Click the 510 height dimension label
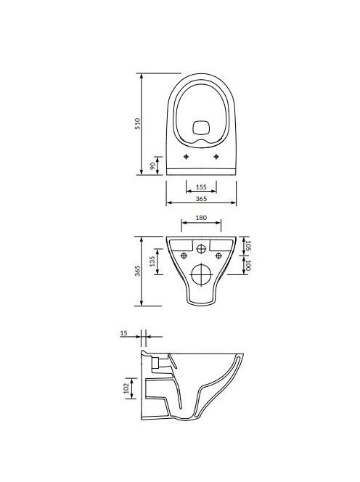point(137,124)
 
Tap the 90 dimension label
point(152,166)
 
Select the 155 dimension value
point(201,187)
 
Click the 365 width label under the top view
point(201,199)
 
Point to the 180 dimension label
point(201,218)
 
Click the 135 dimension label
point(152,261)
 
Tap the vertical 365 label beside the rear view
point(137,271)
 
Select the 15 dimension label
point(123,333)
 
